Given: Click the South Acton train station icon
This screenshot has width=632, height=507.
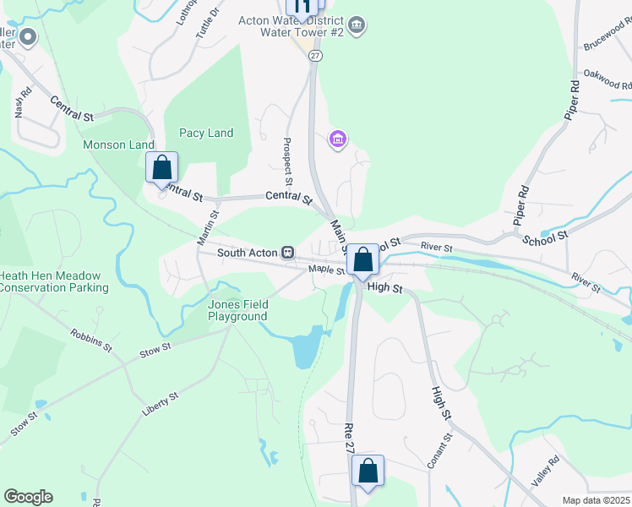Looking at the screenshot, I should click(288, 252).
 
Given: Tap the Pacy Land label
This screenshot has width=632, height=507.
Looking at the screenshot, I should click(205, 134).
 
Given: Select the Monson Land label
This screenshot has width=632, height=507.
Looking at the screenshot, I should click(118, 145).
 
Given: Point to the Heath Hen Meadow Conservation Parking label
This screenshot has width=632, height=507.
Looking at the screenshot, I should click(54, 281).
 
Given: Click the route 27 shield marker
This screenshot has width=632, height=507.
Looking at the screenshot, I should click(315, 55).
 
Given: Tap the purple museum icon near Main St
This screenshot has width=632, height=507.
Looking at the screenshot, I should click(338, 139).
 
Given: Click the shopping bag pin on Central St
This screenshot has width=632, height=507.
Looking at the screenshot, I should click(162, 167).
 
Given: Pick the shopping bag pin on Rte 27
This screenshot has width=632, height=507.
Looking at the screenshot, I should click(368, 472).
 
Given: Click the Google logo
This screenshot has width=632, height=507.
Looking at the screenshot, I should click(28, 497).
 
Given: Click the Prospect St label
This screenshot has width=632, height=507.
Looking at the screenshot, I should click(287, 161).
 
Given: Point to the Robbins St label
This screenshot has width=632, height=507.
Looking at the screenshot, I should click(91, 341).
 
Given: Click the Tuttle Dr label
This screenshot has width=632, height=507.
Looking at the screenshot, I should click(207, 23).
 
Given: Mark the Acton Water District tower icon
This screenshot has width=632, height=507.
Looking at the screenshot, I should click(357, 25).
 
